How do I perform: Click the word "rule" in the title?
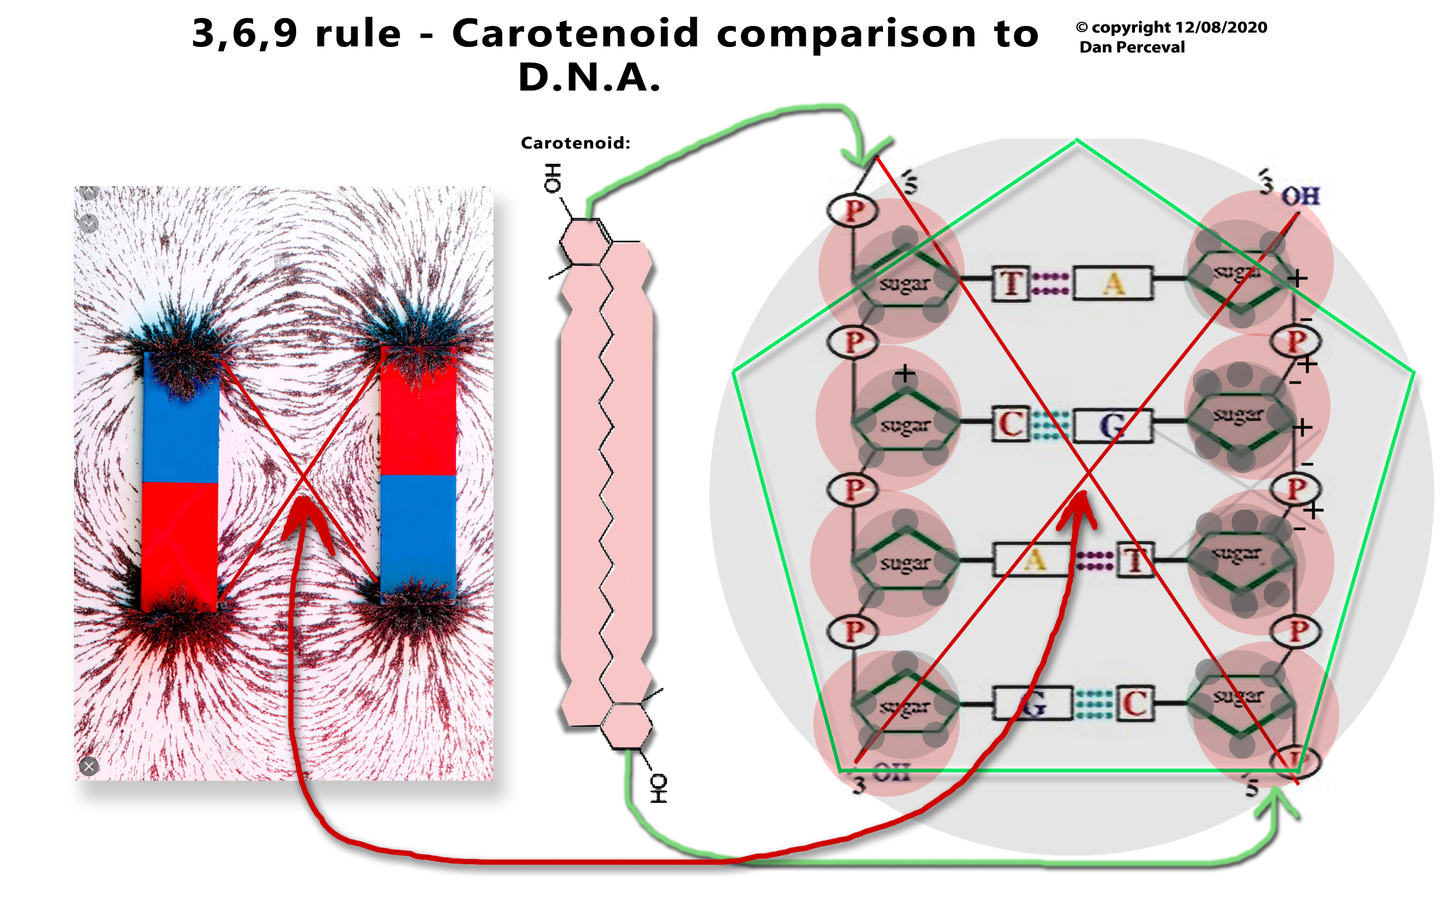pos(358,34)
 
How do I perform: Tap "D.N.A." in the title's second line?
pos(589,78)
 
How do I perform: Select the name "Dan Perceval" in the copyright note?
pos(1132,47)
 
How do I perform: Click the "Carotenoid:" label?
pos(575,143)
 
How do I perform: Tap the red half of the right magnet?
pos(418,414)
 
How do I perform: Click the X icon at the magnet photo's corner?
pos(89,766)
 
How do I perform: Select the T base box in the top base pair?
pos(1011,283)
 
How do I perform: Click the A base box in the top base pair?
pos(1113,283)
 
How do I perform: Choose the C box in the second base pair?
pos(1011,424)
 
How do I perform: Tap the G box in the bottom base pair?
pos(1032,703)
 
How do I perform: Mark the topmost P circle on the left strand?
pos(853,211)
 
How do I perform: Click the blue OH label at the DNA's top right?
pos(1301,196)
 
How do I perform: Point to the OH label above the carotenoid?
pos(553,178)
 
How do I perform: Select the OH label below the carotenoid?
pos(659,788)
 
